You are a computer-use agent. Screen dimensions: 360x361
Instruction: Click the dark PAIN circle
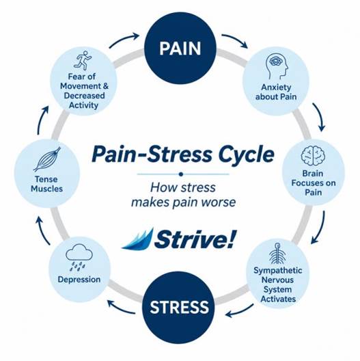[x=180, y=48]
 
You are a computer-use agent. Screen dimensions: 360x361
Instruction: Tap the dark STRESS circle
[x=179, y=308]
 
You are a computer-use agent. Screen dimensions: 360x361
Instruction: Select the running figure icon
[x=83, y=60]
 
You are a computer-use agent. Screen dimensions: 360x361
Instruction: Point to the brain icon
[x=313, y=155]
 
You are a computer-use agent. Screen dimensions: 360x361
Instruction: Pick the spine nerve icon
[x=277, y=253]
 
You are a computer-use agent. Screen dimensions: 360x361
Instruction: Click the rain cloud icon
[x=79, y=257]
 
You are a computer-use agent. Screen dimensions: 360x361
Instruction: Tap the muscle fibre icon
[x=47, y=159]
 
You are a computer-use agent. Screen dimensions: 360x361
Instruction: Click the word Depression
[x=79, y=280]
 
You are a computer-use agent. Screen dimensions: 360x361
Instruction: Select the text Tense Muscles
[x=46, y=184]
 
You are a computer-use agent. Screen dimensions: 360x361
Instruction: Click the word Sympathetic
[x=277, y=271]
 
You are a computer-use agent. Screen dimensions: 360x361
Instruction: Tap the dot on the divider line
[x=181, y=174]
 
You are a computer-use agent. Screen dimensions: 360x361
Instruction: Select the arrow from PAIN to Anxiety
[x=235, y=40]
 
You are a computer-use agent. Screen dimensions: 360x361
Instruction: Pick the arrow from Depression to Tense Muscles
[x=43, y=230]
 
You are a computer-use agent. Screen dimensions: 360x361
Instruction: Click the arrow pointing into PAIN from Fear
[x=124, y=40]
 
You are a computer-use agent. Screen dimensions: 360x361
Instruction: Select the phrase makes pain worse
[x=183, y=202]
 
